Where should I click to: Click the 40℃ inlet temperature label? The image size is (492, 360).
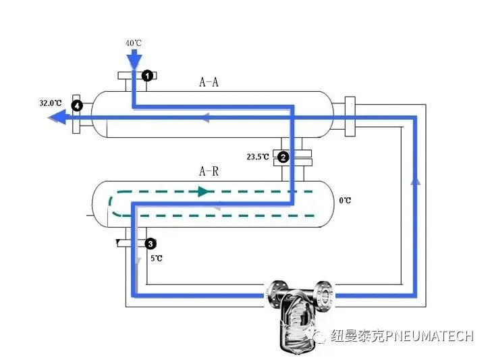click(133, 43)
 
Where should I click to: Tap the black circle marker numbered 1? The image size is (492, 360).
click(146, 76)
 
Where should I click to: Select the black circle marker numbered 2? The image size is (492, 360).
click(283, 157)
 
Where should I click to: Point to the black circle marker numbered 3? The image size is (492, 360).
click(151, 242)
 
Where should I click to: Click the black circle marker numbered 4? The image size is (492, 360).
click(78, 105)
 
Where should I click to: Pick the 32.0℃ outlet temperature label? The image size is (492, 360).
click(51, 103)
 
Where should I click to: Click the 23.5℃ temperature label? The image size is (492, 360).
click(258, 157)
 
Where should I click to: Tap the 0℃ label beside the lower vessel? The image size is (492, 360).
click(345, 201)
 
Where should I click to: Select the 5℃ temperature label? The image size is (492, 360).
click(155, 258)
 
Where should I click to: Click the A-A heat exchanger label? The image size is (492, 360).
click(209, 82)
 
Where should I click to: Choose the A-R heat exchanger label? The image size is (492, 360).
click(209, 172)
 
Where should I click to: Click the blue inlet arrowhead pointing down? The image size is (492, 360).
click(134, 59)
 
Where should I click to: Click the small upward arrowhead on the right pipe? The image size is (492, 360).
click(416, 181)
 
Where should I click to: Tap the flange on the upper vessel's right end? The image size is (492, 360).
click(350, 115)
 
